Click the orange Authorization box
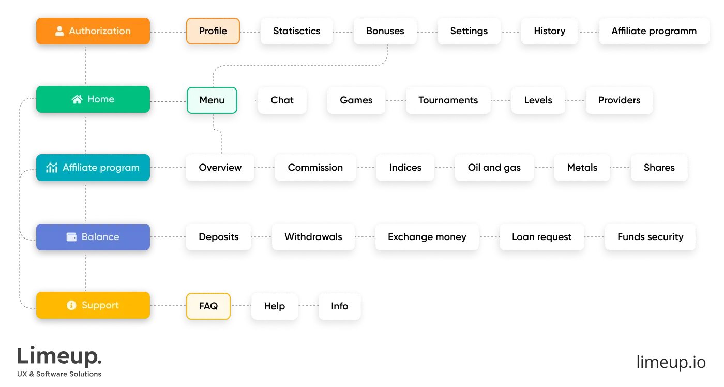(x=93, y=31)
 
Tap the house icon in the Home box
(x=77, y=99)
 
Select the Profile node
(x=213, y=31)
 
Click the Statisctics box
(x=296, y=31)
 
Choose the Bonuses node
(x=385, y=31)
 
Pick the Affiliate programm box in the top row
(x=654, y=31)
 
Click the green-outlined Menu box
(x=212, y=100)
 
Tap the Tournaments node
(x=448, y=100)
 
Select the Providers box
(x=619, y=100)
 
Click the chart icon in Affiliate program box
(x=52, y=168)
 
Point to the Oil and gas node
(x=494, y=168)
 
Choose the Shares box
(x=659, y=168)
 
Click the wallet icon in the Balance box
(x=72, y=237)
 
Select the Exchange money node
(x=427, y=237)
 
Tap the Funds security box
(x=650, y=237)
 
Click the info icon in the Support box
(x=72, y=305)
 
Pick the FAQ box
(x=208, y=306)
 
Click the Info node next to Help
(x=339, y=306)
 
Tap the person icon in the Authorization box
(x=59, y=31)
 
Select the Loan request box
(x=541, y=237)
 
